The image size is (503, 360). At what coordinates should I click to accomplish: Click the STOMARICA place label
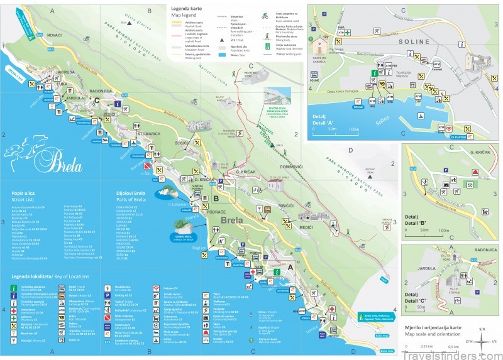click(x=149, y=133)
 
